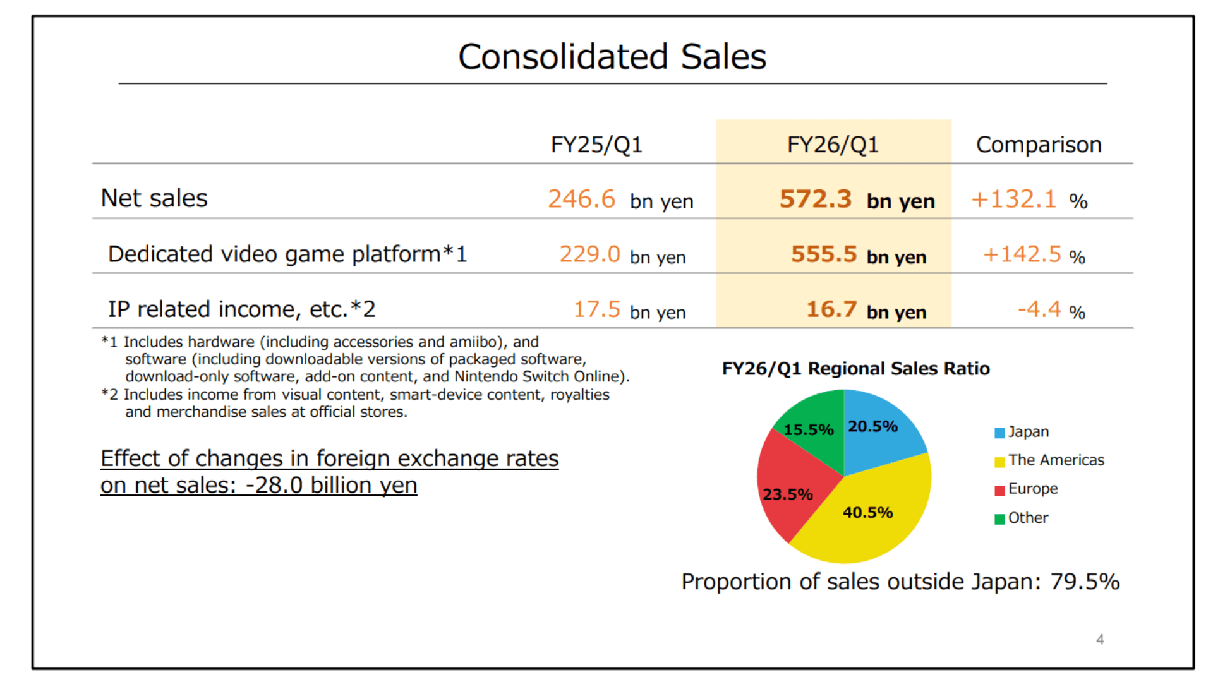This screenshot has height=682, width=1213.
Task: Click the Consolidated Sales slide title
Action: (612, 57)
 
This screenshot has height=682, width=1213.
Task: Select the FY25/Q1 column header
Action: (596, 145)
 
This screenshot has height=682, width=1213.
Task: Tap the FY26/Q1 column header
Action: (833, 145)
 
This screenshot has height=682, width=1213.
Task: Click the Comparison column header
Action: (1039, 145)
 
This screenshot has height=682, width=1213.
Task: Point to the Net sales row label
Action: (154, 198)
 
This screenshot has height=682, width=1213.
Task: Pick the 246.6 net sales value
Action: (581, 199)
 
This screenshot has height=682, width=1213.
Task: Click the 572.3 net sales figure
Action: (816, 199)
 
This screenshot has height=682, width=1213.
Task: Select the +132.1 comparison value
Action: (1013, 199)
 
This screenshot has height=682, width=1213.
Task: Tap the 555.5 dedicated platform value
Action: (824, 254)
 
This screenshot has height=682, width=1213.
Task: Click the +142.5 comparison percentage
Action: (1022, 254)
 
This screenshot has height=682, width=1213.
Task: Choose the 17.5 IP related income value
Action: (596, 309)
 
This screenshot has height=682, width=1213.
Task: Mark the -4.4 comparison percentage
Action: (1039, 309)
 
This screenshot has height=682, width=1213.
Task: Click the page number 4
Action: (1100, 640)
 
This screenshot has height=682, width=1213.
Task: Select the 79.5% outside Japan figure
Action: (1085, 582)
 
